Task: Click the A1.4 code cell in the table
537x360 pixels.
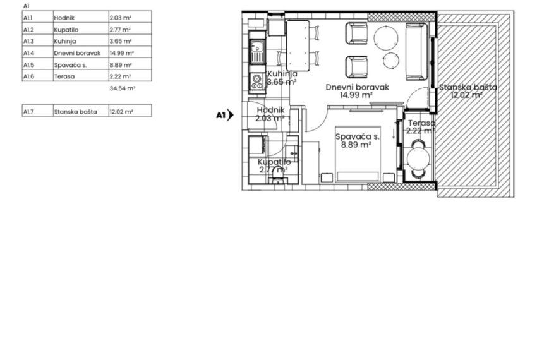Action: click(38, 52)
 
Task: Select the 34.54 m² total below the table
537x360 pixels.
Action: click(123, 88)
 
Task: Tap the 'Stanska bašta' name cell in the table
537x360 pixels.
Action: click(81, 111)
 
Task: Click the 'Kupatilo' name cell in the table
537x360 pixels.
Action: click(81, 29)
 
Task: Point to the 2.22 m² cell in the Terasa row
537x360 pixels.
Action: click(130, 76)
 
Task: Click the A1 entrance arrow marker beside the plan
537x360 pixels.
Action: click(225, 115)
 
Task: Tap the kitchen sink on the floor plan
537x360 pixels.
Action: click(257, 52)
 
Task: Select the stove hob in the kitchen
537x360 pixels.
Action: click(257, 81)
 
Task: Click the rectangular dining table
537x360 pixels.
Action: click(298, 45)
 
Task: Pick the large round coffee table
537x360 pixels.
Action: click(386, 38)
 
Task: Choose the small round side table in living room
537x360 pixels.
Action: click(391, 61)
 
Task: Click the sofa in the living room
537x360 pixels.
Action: click(416, 51)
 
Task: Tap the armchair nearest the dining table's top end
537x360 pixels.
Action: click(356, 33)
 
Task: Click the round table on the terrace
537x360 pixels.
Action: click(418, 159)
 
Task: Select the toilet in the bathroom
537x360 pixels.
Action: click(278, 177)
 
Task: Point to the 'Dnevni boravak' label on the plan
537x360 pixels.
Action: click(357, 87)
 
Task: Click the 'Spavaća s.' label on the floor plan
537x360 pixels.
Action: click(357, 136)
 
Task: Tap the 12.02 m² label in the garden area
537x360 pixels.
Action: click(466, 95)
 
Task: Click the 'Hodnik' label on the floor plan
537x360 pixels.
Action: click(270, 110)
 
